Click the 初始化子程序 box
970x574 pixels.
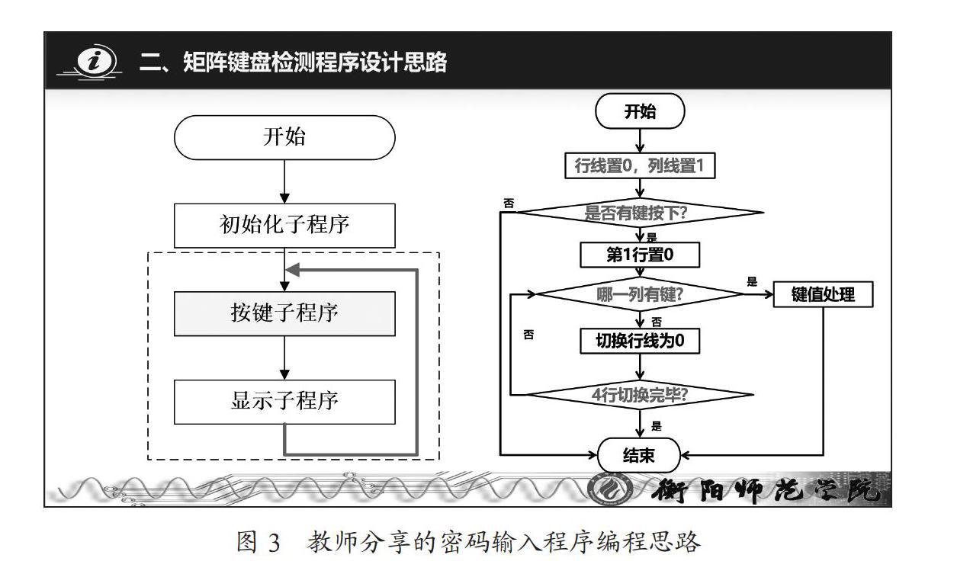click(x=284, y=226)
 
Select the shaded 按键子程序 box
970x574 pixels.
click(x=284, y=314)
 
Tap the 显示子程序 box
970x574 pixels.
click(x=284, y=402)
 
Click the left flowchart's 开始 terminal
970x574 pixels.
click(x=284, y=137)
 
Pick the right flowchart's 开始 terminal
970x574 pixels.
click(x=640, y=111)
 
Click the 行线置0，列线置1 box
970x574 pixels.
click(x=640, y=165)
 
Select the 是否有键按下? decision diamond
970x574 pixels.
click(x=640, y=213)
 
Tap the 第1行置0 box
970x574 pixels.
click(x=640, y=255)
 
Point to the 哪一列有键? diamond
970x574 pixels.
click(x=640, y=294)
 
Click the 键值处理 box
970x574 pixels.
click(x=823, y=294)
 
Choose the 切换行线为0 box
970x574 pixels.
click(x=640, y=341)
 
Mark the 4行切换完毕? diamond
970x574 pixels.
click(x=640, y=395)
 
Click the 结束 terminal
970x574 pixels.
click(x=639, y=455)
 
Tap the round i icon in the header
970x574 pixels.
click(x=96, y=61)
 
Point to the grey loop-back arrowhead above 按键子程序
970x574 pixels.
click(x=293, y=270)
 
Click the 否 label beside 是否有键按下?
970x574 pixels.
click(x=509, y=203)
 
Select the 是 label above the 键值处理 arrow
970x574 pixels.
click(x=752, y=281)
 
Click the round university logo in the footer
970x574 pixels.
click(x=611, y=489)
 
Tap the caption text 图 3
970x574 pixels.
click(x=259, y=541)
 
